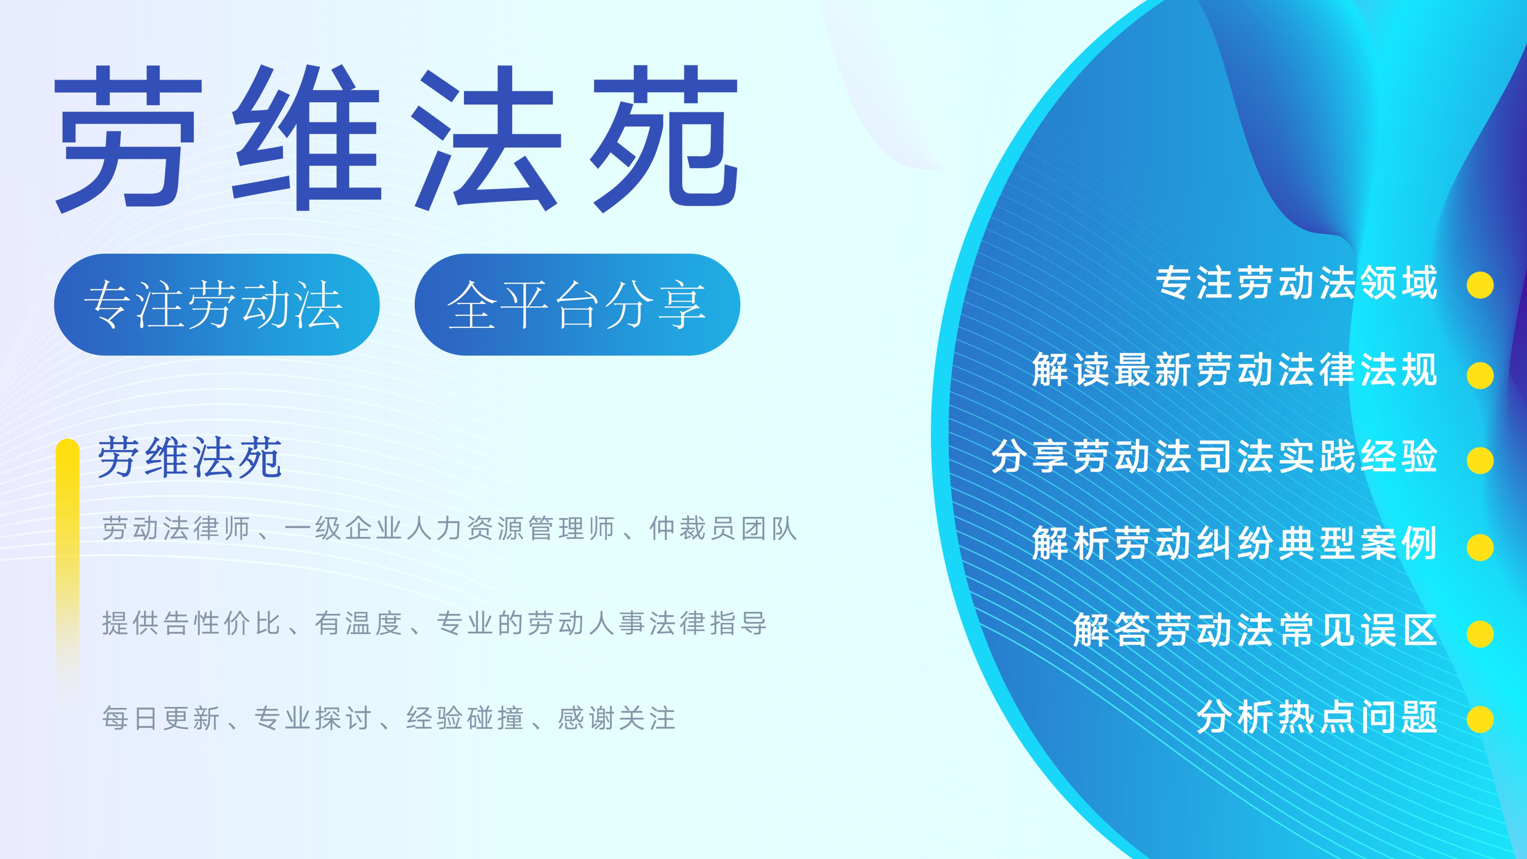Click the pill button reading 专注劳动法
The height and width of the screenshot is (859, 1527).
tap(216, 305)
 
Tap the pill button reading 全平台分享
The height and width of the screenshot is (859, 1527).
tap(577, 305)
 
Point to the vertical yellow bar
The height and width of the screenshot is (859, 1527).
tap(68, 563)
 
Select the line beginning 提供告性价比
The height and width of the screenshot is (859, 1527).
tap(434, 623)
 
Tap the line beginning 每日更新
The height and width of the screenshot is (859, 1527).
tap(389, 718)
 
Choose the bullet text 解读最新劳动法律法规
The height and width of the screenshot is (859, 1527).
tap(1234, 369)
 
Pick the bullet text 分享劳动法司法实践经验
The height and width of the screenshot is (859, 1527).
tap(1214, 457)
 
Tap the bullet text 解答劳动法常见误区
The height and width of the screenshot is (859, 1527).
tap(1255, 630)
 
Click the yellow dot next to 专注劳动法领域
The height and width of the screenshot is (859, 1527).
tap(1480, 285)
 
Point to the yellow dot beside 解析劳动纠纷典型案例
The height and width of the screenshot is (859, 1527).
tap(1480, 547)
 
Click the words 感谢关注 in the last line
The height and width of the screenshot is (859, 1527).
tap(616, 718)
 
